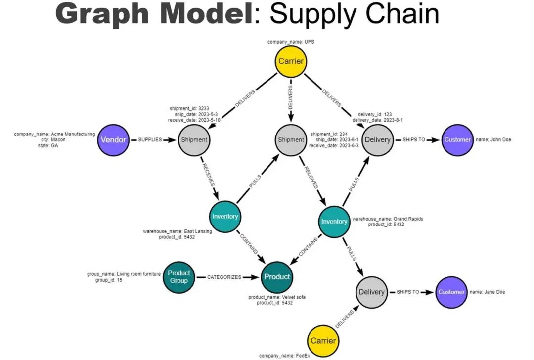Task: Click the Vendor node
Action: [x=113, y=140]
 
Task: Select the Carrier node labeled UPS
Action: [x=290, y=62]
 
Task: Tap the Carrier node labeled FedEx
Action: [x=323, y=340]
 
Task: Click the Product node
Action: [x=277, y=277]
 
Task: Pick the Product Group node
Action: [x=179, y=277]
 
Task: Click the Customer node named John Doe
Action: [x=457, y=140]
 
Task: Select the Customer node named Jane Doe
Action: [x=451, y=292]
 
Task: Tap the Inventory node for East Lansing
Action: [x=225, y=216]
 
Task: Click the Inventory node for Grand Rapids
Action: [x=334, y=221]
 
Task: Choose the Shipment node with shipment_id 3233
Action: [x=194, y=140]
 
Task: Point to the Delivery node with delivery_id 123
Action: [x=377, y=140]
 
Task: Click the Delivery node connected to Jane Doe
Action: [x=371, y=292]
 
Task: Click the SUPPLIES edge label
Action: [x=149, y=140]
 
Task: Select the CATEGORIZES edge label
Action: [x=224, y=277]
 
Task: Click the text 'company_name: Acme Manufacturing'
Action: [x=54, y=134]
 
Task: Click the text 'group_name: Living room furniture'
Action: [x=124, y=273]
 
